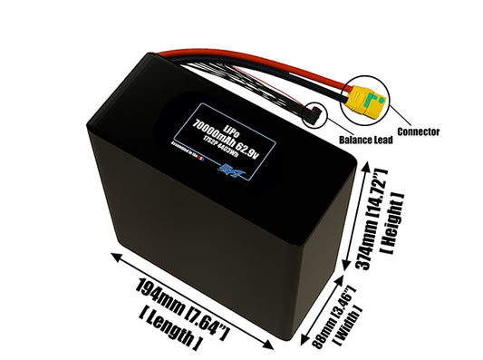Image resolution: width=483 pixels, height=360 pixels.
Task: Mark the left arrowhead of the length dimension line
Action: (112, 258)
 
